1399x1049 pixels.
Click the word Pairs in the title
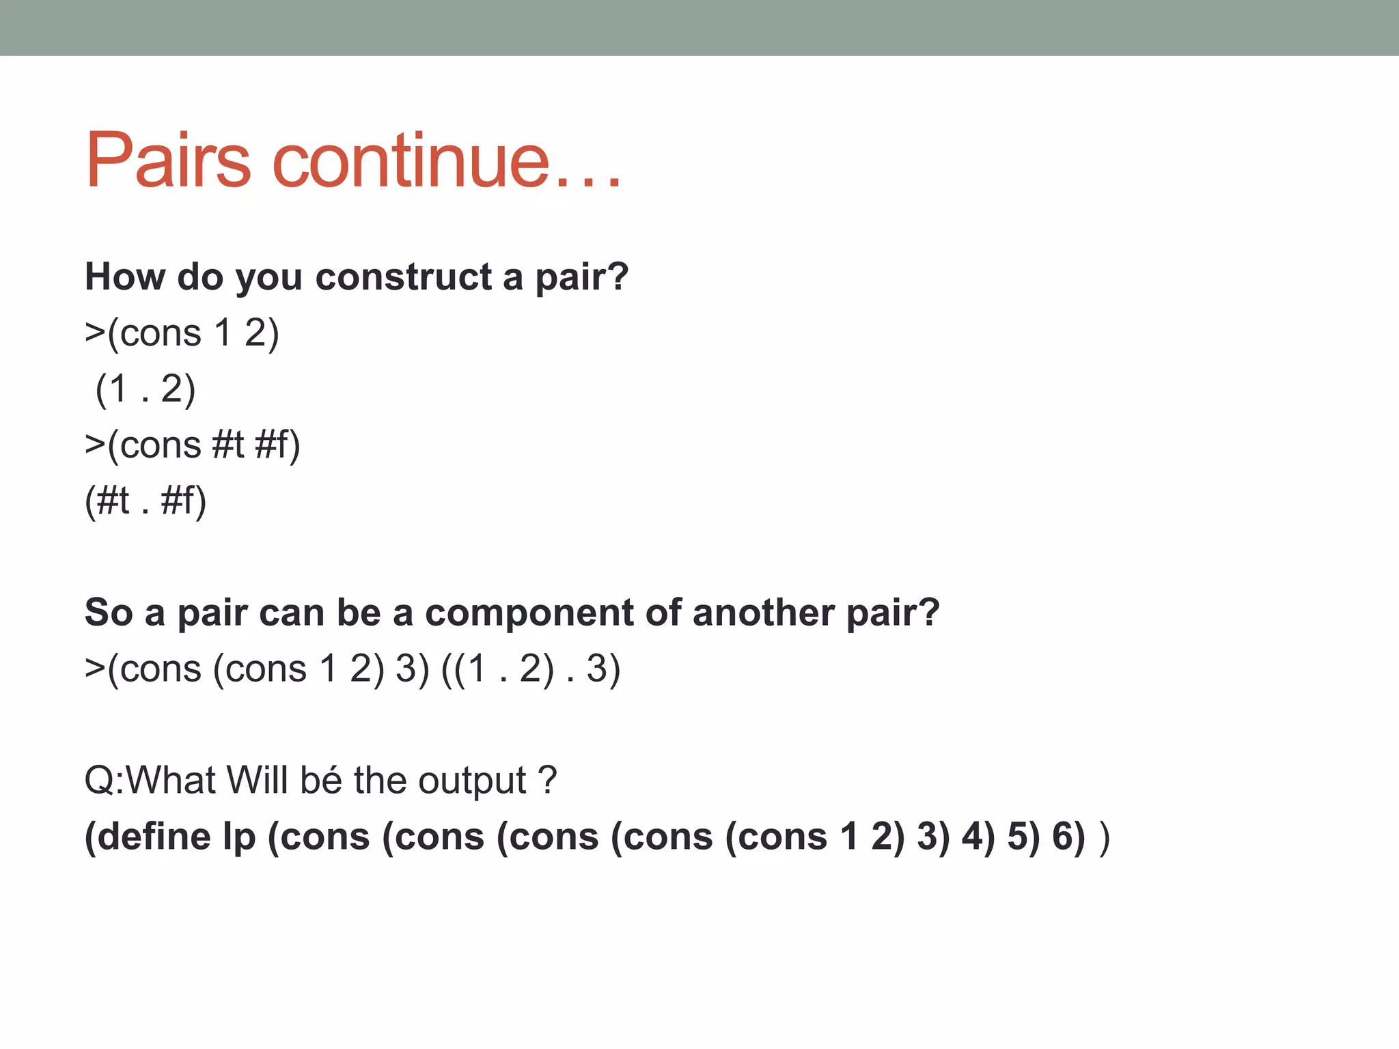point(168,160)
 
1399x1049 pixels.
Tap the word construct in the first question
point(403,277)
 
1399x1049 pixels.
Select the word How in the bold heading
point(124,277)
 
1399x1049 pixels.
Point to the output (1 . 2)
point(146,389)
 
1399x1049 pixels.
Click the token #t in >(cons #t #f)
point(228,445)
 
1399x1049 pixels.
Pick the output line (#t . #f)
point(146,501)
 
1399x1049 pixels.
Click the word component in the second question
point(529,613)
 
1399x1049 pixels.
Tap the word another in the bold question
point(763,613)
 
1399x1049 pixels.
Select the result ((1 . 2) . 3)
point(531,669)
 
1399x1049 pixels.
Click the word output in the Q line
point(473,781)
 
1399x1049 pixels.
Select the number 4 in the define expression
point(971,837)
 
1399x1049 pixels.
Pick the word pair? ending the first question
point(581,278)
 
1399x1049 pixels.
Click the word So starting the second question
point(109,613)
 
